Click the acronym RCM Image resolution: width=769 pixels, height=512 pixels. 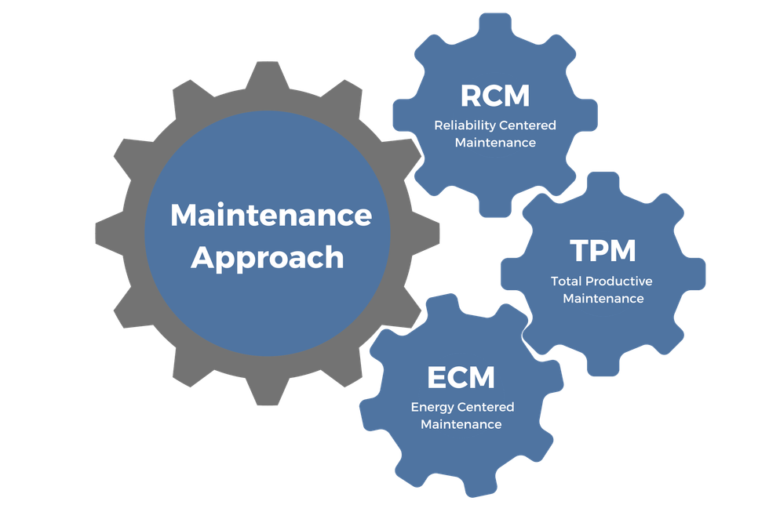494,96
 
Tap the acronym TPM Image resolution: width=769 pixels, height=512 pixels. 603,251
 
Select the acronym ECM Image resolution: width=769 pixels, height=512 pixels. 461,377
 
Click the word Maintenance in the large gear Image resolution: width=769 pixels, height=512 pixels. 271,215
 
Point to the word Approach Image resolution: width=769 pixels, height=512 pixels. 267,257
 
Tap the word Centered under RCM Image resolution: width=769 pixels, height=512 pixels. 528,125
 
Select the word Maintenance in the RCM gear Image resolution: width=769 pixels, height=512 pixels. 495,143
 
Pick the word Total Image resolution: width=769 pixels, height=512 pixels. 567,281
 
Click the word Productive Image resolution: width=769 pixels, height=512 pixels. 623,281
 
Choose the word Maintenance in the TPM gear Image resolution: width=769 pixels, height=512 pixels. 603,299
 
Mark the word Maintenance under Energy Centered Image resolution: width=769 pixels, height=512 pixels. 461,424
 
